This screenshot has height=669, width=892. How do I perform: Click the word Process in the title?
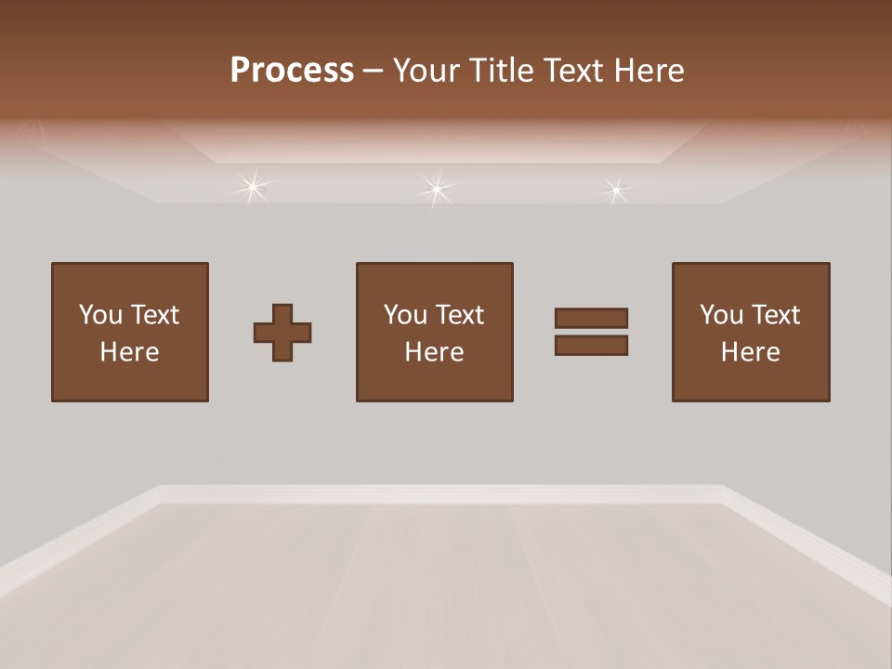click(292, 71)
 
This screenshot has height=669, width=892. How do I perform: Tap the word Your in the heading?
click(426, 71)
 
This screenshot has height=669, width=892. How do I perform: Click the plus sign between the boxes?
click(282, 332)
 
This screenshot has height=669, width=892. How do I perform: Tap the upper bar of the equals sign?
click(591, 318)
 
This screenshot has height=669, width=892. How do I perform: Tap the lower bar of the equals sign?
click(591, 345)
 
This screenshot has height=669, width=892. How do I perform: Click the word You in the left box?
click(99, 315)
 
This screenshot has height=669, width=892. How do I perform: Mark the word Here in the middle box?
click(434, 352)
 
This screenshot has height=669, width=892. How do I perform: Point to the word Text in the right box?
click(777, 315)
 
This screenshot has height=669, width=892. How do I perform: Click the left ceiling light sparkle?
click(251, 188)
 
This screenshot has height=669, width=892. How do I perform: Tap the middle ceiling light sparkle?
click(435, 189)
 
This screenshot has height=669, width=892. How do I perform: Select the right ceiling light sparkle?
click(614, 190)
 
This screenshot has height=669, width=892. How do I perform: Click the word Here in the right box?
click(750, 352)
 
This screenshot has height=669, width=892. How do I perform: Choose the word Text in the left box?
click(155, 315)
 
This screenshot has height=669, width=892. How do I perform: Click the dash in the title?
click(374, 72)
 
